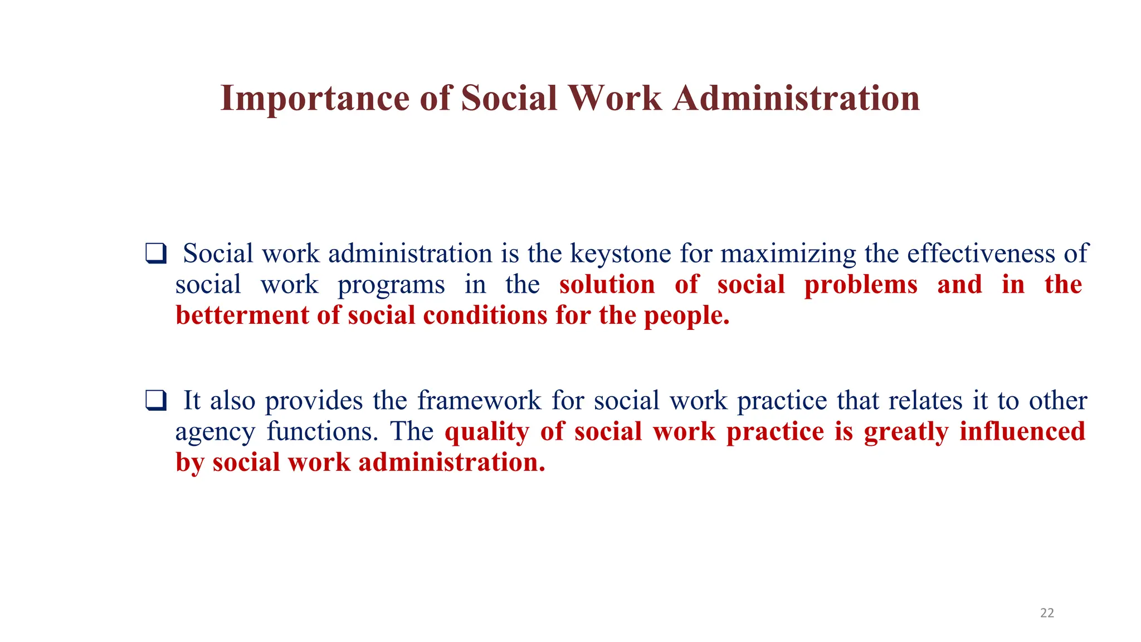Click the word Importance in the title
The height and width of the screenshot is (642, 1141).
315,99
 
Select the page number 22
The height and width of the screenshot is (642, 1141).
1047,613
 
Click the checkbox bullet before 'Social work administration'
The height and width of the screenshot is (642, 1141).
156,254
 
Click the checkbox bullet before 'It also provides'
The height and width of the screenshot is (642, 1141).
156,401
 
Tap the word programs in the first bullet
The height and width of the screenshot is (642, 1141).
391,285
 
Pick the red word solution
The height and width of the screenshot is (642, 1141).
607,285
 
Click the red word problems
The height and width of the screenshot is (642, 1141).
861,285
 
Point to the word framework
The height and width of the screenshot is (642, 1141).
479,401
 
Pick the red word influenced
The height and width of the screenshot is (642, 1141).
1022,431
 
